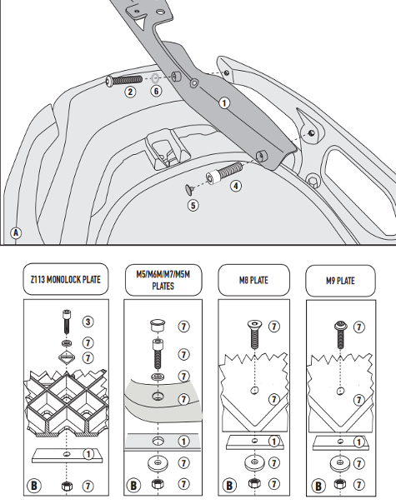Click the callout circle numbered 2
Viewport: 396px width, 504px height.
tap(130, 92)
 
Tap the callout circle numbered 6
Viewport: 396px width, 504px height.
tap(156, 91)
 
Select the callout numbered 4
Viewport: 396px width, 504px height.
tap(236, 186)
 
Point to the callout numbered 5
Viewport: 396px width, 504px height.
tap(193, 206)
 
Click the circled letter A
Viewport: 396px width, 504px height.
tap(16, 232)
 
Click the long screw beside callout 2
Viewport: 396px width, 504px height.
tap(124, 80)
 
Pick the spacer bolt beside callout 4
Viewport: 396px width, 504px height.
tap(224, 173)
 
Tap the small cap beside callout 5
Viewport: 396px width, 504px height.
tap(189, 189)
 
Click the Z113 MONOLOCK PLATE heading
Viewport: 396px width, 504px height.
tap(66, 279)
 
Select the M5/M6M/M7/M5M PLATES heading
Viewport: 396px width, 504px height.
tap(163, 280)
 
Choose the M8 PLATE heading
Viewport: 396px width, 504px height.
tap(253, 280)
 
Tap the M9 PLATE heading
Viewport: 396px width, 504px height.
tap(340, 281)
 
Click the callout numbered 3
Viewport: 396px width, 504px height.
tap(88, 322)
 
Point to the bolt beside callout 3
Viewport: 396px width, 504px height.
tap(67, 322)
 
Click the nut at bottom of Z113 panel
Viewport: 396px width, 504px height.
tap(67, 486)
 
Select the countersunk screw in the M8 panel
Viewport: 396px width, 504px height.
tap(254, 335)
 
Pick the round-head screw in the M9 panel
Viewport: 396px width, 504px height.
tap(341, 335)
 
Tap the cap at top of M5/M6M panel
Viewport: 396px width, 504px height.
tap(158, 325)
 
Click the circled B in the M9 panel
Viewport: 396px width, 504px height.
tap(318, 486)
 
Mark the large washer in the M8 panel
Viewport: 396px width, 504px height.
tap(254, 462)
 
